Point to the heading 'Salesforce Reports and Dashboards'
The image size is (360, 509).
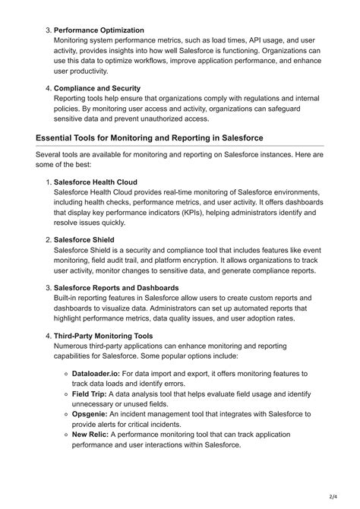pyautogui.click(x=116, y=287)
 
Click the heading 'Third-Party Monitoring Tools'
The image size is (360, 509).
pyautogui.click(x=103, y=335)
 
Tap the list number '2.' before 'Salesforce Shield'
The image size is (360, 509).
pyautogui.click(x=47, y=239)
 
